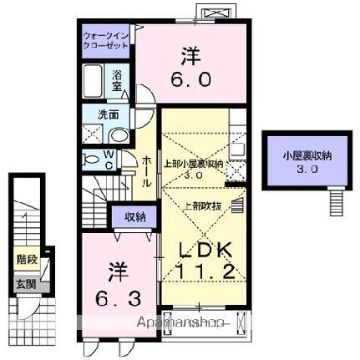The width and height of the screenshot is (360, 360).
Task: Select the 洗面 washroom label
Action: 96,114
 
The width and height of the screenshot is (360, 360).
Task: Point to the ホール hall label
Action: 147,171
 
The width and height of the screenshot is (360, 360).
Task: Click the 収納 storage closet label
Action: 135,216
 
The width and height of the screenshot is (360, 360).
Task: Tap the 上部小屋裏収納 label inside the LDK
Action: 193,164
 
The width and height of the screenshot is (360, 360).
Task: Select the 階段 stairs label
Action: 25,260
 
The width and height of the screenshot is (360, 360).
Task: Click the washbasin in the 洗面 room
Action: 119,135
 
